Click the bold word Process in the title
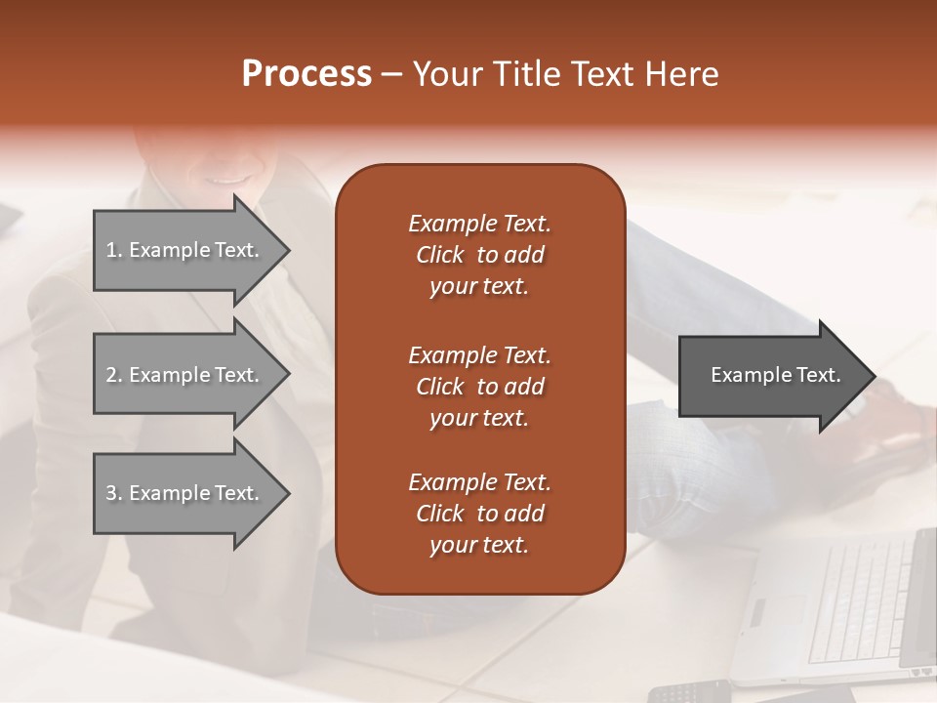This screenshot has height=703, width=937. [x=306, y=74]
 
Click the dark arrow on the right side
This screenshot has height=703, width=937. [x=771, y=376]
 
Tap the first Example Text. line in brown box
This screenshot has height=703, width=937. [x=479, y=224]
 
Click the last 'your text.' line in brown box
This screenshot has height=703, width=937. [x=479, y=545]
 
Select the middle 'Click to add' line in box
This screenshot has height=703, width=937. [x=479, y=387]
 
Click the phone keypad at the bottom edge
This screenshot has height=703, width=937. [x=688, y=692]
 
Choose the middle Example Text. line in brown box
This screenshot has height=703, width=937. [x=479, y=354]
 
